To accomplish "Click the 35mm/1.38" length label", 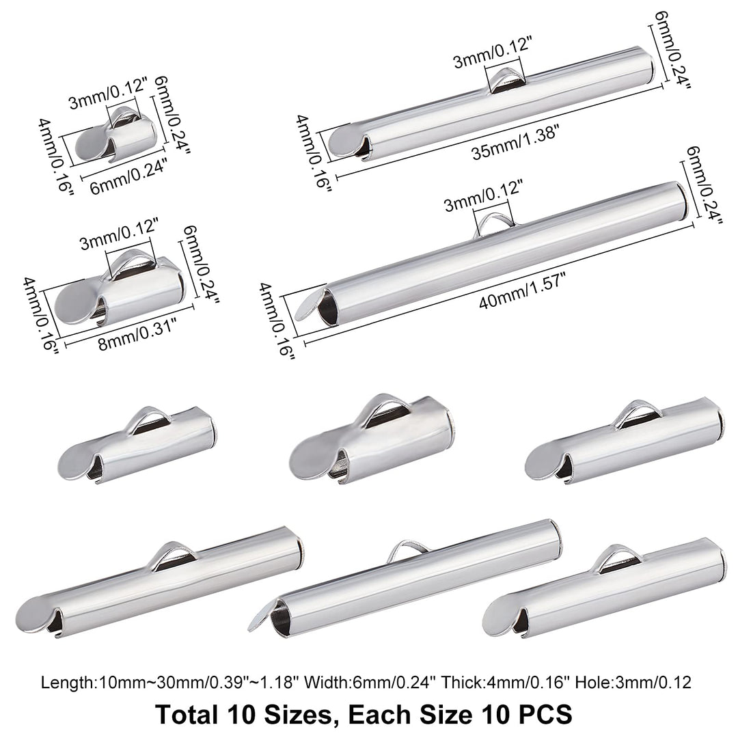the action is [516, 143].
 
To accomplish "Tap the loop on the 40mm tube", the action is [494, 223].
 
